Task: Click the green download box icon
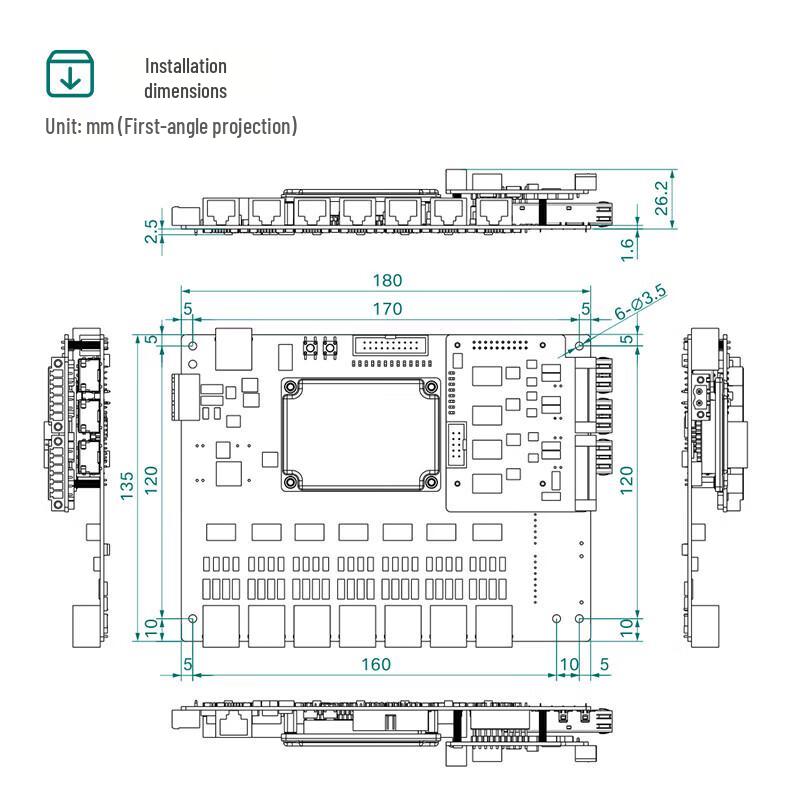[x=70, y=73]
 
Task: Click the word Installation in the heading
[x=186, y=66]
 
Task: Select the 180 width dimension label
[x=387, y=280]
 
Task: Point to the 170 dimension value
[x=387, y=309]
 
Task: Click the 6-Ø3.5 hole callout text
[x=640, y=302]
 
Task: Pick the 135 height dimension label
[x=127, y=486]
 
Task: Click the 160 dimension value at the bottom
[x=376, y=664]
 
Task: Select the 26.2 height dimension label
[x=661, y=198]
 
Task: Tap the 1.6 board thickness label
[x=628, y=249]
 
